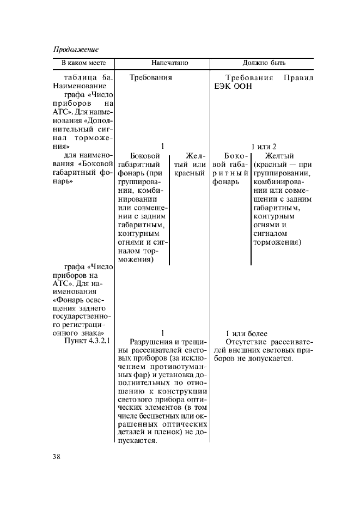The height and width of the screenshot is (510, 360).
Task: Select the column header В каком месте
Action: tap(83, 63)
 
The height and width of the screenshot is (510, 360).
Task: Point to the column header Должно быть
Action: tap(264, 63)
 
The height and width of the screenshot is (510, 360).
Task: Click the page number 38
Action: tap(57, 456)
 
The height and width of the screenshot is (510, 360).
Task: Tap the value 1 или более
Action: tap(247, 333)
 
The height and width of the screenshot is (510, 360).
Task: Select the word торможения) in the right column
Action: tap(277, 242)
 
